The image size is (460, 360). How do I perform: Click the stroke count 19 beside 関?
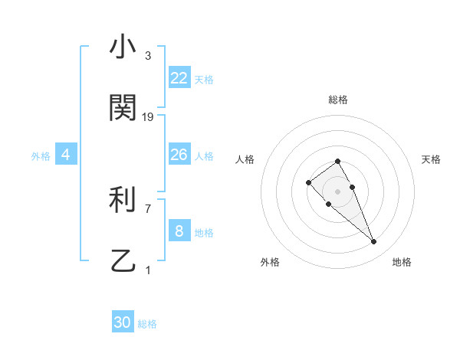coord(148,117)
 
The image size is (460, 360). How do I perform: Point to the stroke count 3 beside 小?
coord(148,56)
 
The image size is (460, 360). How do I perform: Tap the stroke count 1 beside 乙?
coord(148,270)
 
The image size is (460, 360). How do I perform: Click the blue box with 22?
coord(179,78)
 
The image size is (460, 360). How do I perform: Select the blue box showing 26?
coord(179,155)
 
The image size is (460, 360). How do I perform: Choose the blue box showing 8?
coord(179,231)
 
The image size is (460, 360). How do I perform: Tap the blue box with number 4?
coord(65,155)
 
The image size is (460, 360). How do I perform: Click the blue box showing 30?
coord(123,323)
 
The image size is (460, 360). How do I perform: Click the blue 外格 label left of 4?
coord(41,156)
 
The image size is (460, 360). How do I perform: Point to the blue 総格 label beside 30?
coord(147,325)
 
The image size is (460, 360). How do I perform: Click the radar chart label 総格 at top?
coord(338,100)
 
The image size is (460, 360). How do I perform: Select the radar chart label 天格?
coord(431,159)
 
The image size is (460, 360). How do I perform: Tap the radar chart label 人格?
coord(245,159)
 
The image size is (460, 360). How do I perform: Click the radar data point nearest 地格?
coord(374,242)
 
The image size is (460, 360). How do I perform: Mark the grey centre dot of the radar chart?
coord(338,191)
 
